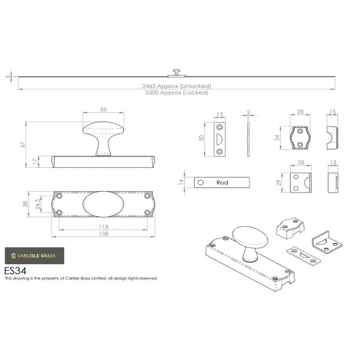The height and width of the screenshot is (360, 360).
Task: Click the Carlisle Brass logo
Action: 35,256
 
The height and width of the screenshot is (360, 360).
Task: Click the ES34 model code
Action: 15,271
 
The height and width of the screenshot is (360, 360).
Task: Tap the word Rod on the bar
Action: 222,183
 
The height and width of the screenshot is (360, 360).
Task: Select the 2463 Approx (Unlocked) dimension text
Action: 176,86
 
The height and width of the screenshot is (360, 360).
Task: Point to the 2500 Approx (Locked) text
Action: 176,93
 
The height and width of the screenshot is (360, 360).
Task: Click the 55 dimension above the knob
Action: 103,109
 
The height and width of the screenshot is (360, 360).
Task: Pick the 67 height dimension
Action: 23,144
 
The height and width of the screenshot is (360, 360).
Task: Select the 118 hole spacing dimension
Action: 103,227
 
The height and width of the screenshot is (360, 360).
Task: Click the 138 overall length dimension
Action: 103,234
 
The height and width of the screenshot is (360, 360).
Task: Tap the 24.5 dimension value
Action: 38,204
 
